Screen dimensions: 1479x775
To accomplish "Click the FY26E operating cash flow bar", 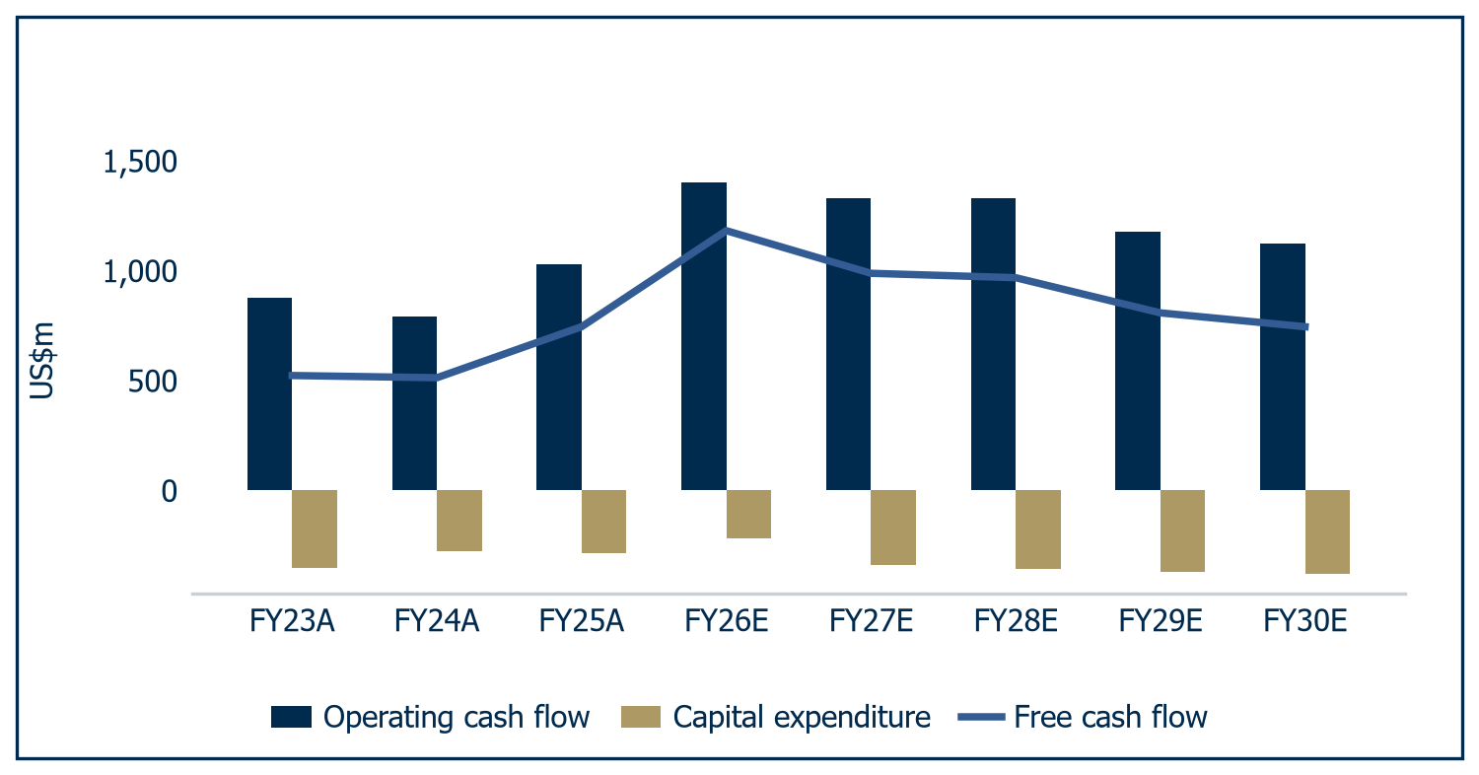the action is pos(704,336).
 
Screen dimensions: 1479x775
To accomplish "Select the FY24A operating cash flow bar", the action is pos(415,403).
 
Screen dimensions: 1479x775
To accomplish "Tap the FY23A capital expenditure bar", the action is pos(315,528).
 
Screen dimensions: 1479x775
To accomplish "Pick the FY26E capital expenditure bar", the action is pos(748,515).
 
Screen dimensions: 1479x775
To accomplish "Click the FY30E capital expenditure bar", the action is pos(1327,532).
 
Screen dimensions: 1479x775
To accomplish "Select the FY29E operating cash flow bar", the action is pos(1138,361).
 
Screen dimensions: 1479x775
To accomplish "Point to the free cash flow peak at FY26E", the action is pos(727,231).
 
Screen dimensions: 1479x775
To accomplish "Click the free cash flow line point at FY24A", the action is pos(437,378).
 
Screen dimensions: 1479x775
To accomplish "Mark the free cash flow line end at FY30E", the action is pos(1306,326).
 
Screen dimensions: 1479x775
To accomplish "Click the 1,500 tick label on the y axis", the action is pos(140,163).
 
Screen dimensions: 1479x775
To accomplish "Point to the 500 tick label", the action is pos(153,382).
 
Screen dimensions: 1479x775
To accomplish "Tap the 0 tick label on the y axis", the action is pos(170,492).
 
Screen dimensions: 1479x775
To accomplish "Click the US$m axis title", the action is pos(41,361).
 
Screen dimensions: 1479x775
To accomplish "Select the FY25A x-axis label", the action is pos(582,621).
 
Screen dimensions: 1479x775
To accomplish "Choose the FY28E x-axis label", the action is pos(1017,621).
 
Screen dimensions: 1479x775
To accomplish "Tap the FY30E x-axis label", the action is pos(1305,621).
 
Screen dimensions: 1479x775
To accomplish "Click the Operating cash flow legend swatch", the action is pos(291,717).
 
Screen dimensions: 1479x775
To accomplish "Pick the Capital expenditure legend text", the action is pos(802,718).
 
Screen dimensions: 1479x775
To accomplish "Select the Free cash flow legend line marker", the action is pos(981,717).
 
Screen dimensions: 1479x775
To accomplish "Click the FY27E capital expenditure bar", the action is pos(893,528).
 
